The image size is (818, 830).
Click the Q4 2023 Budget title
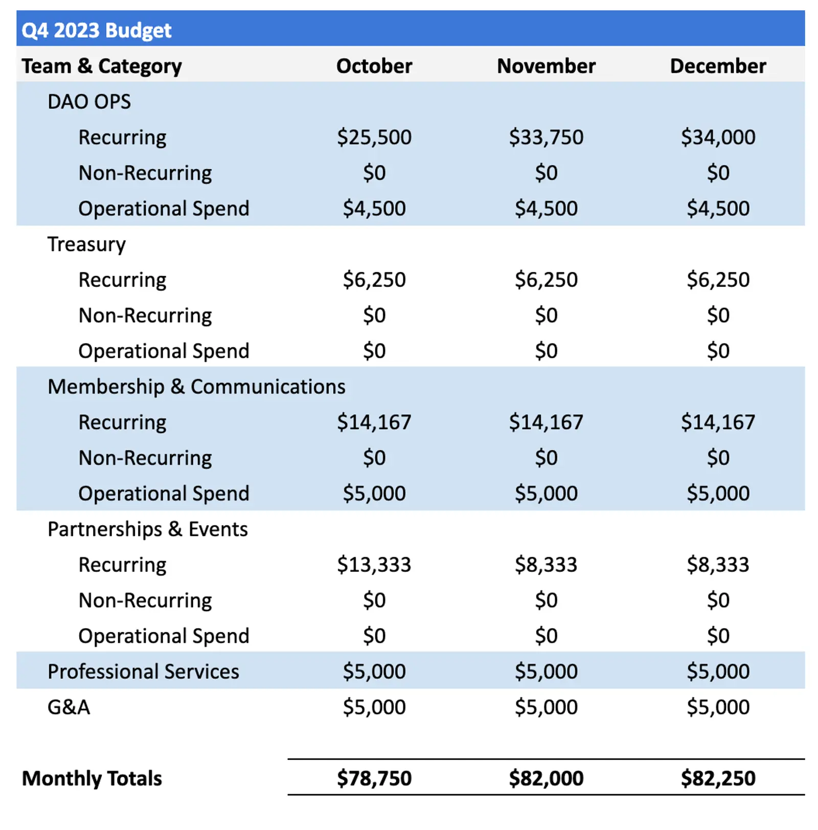(96, 30)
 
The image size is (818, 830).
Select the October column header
(374, 66)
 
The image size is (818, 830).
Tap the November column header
(546, 66)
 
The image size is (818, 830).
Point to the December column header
(718, 66)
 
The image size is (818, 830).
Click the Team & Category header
(101, 66)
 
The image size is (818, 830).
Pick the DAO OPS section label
(89, 102)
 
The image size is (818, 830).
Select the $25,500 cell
(374, 137)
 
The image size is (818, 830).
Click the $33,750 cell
(546, 137)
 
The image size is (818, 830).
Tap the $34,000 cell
(718, 137)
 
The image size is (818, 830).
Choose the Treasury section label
(86, 244)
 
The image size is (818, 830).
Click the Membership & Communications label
(196, 387)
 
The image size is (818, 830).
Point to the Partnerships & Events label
(147, 529)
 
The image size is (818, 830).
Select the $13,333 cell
(374, 565)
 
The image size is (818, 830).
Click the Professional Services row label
(143, 672)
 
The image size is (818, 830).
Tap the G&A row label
(69, 707)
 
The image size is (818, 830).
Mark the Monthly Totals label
(92, 778)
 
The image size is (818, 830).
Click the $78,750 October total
(374, 778)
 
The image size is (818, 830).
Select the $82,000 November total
(546, 778)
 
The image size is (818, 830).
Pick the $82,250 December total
(718, 778)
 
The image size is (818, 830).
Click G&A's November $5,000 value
(546, 707)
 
